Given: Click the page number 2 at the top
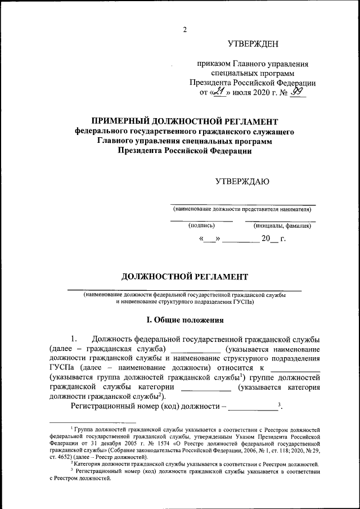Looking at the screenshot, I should pos(184,30).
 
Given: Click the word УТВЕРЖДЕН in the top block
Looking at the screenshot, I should pos(253,44).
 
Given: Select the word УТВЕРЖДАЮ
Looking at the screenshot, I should pos(242,181).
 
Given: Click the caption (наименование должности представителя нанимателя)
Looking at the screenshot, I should pos(242,209).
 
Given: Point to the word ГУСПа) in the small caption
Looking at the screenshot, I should pos(243,302).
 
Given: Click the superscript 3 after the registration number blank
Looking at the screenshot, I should pos(279,404).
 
